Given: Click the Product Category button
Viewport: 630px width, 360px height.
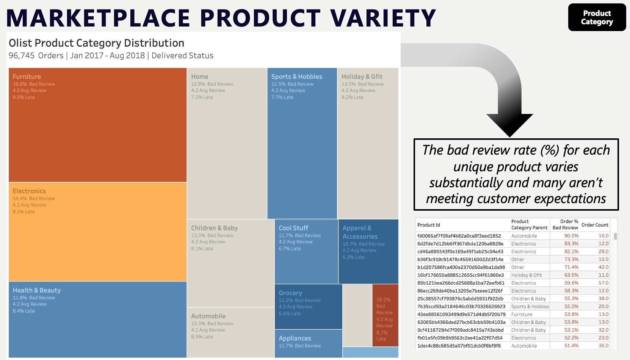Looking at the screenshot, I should pos(597,17).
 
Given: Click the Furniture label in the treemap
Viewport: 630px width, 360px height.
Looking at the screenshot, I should pos(27,77).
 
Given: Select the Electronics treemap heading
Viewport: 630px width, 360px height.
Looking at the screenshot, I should pos(29,191).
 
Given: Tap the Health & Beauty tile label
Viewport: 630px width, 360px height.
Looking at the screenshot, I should pos(36,290).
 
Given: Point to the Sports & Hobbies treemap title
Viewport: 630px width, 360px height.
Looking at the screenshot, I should pos(296,77).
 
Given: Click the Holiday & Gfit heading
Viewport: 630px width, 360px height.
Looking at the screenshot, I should pos(362,77).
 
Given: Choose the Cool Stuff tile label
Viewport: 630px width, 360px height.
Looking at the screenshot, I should pos(293,228).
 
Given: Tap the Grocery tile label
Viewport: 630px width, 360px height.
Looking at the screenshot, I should pos(290,293).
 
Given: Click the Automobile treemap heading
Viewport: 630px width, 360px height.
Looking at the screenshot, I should pos(208,316).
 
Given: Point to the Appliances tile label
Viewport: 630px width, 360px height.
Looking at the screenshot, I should pos(295,338).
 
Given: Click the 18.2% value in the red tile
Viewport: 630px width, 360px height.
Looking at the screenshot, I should pos(383,300).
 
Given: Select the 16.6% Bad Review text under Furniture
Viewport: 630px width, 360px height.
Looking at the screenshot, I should pos(34,84).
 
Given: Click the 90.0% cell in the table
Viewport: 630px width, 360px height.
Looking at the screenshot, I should pos(571,236).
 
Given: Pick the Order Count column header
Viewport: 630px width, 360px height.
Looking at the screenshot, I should pos(594,225).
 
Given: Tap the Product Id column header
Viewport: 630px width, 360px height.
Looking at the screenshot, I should pos(428,225).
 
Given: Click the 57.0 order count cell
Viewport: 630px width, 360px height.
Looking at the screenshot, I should pos(603,283).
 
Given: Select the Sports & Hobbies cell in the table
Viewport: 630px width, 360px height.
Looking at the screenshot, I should pos(530,307).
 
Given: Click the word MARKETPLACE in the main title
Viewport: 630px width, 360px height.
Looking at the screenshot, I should pos(98,18).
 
